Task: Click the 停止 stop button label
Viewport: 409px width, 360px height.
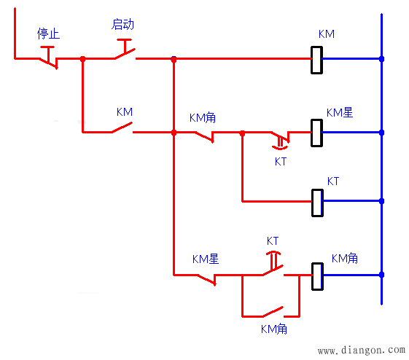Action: (x=49, y=34)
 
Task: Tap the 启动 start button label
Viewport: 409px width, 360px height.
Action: (x=123, y=25)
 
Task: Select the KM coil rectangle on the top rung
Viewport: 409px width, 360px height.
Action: (x=316, y=60)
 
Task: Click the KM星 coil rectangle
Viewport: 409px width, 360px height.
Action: (x=316, y=133)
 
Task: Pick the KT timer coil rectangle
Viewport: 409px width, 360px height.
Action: (x=317, y=203)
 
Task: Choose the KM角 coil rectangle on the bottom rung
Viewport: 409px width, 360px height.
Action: (x=317, y=276)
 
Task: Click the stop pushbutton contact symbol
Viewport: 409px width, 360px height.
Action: (x=48, y=58)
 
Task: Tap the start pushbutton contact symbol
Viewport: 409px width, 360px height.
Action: (x=125, y=50)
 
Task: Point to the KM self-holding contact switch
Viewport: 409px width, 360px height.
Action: (x=122, y=128)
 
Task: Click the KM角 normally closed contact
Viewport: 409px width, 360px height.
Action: (x=204, y=137)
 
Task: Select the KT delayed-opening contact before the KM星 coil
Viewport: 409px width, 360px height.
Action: (x=280, y=140)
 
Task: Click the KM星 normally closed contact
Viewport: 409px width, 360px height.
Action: (x=206, y=279)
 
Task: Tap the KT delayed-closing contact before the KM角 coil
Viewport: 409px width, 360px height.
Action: (x=273, y=263)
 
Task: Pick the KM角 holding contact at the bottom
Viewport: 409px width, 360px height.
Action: (x=273, y=312)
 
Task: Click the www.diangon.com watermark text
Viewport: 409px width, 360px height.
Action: (x=362, y=350)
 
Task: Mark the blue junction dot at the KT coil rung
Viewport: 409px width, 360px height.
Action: (x=381, y=201)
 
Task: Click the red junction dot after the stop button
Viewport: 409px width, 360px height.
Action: (x=82, y=59)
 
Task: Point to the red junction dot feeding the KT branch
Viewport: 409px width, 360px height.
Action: (x=242, y=133)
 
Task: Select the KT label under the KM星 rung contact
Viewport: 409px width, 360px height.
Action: (x=281, y=162)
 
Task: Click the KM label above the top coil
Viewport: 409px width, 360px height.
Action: (x=327, y=34)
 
